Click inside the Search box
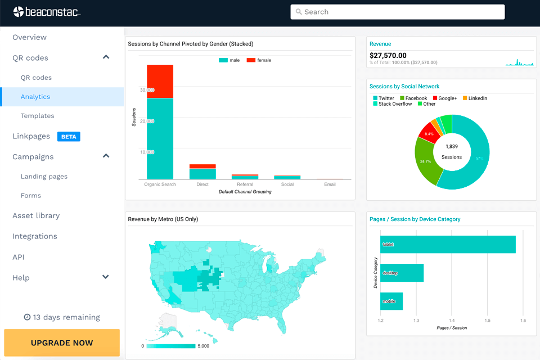(x=397, y=12)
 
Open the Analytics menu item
(x=35, y=97)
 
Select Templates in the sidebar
(x=37, y=116)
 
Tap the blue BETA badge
(x=68, y=136)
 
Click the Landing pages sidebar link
(x=44, y=177)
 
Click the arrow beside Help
(x=105, y=277)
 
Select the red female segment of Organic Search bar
(x=160, y=81)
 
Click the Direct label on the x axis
(x=202, y=184)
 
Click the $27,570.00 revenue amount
(x=388, y=55)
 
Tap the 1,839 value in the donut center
(x=451, y=146)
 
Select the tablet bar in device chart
(x=448, y=245)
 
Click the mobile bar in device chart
(x=391, y=301)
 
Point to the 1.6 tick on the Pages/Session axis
(x=523, y=321)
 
